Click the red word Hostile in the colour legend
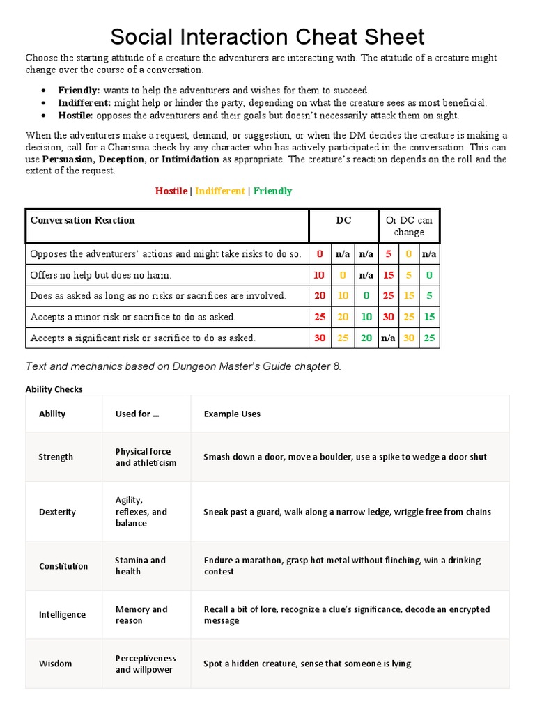click(171, 191)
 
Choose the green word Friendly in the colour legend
click(273, 191)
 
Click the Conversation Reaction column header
click(82, 220)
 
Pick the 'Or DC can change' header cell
click(408, 226)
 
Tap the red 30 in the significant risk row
click(320, 338)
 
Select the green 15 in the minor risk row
click(429, 317)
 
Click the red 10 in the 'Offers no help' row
click(319, 275)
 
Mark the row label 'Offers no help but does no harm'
click(100, 275)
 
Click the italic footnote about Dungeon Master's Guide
click(183, 367)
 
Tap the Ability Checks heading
click(54, 389)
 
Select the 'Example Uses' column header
click(232, 414)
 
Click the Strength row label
click(56, 457)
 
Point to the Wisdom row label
click(55, 664)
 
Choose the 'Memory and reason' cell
click(141, 615)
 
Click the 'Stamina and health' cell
click(140, 565)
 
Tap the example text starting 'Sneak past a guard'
click(347, 512)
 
